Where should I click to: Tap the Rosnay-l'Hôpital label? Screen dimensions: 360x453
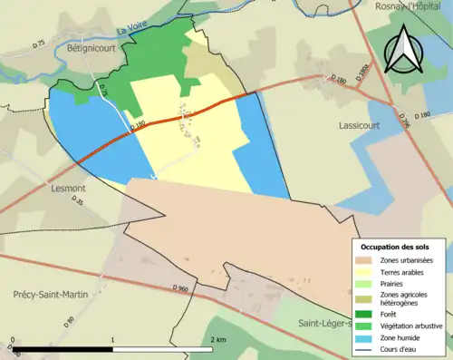point(412,6)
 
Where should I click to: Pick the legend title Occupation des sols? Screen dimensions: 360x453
point(395,247)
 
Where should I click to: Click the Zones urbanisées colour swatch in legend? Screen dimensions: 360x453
point(367,260)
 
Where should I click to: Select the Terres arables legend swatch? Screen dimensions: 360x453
point(367,272)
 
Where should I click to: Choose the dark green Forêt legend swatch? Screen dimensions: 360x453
point(367,311)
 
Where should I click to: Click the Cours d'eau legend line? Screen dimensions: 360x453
point(367,350)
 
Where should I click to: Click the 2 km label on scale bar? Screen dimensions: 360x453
point(217,340)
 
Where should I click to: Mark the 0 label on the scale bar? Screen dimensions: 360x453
point(14,340)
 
